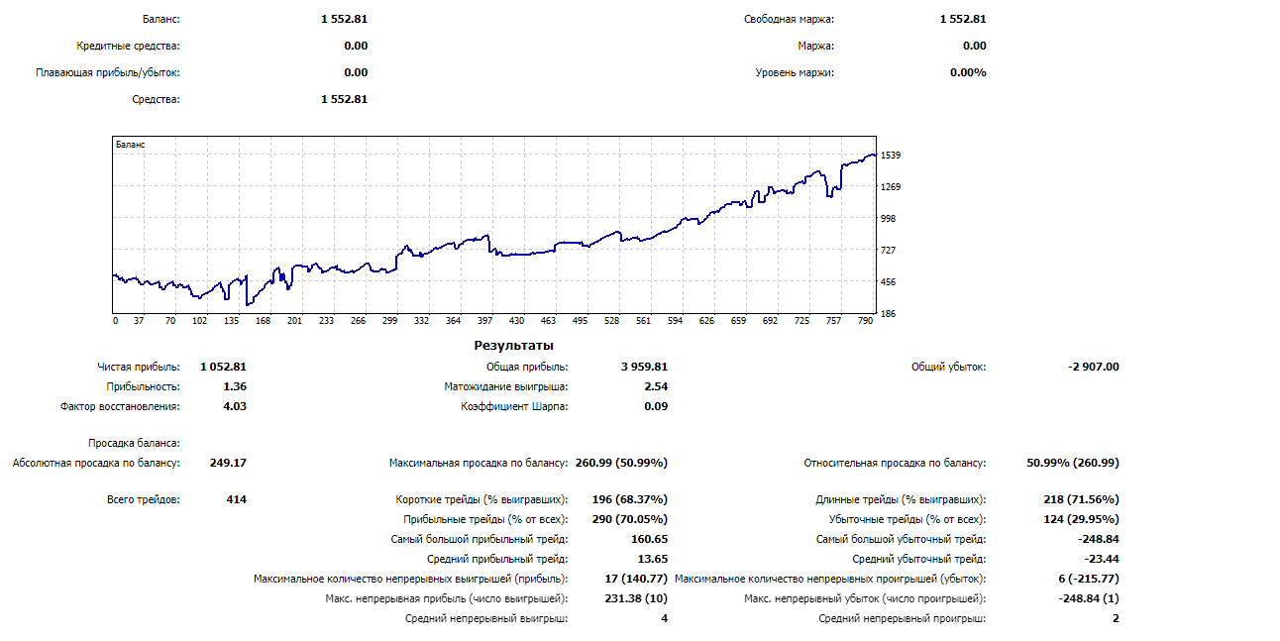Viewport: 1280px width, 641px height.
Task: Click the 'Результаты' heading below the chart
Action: (x=513, y=346)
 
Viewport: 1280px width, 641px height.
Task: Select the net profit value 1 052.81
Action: (x=223, y=367)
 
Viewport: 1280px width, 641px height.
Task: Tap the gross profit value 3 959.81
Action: (x=644, y=367)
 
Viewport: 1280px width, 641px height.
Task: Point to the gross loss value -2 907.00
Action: (x=1094, y=367)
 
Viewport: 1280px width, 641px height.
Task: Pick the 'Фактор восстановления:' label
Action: (x=120, y=406)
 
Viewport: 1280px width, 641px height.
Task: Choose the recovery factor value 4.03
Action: (x=235, y=406)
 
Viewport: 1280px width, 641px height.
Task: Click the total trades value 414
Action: (x=236, y=499)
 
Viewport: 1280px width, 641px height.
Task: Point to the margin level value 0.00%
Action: (x=968, y=72)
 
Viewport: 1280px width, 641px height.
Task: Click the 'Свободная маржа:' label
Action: (x=789, y=19)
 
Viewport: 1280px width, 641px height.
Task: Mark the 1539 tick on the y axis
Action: (x=890, y=156)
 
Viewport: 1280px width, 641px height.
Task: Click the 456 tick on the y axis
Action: (x=888, y=282)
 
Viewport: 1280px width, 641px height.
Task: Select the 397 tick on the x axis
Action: (x=484, y=321)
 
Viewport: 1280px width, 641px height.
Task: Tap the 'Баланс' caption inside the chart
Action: (x=131, y=145)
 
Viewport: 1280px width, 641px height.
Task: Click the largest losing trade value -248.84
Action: (x=1098, y=539)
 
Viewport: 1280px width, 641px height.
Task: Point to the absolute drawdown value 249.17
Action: (x=228, y=463)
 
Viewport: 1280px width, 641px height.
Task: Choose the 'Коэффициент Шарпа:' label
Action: (x=514, y=406)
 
